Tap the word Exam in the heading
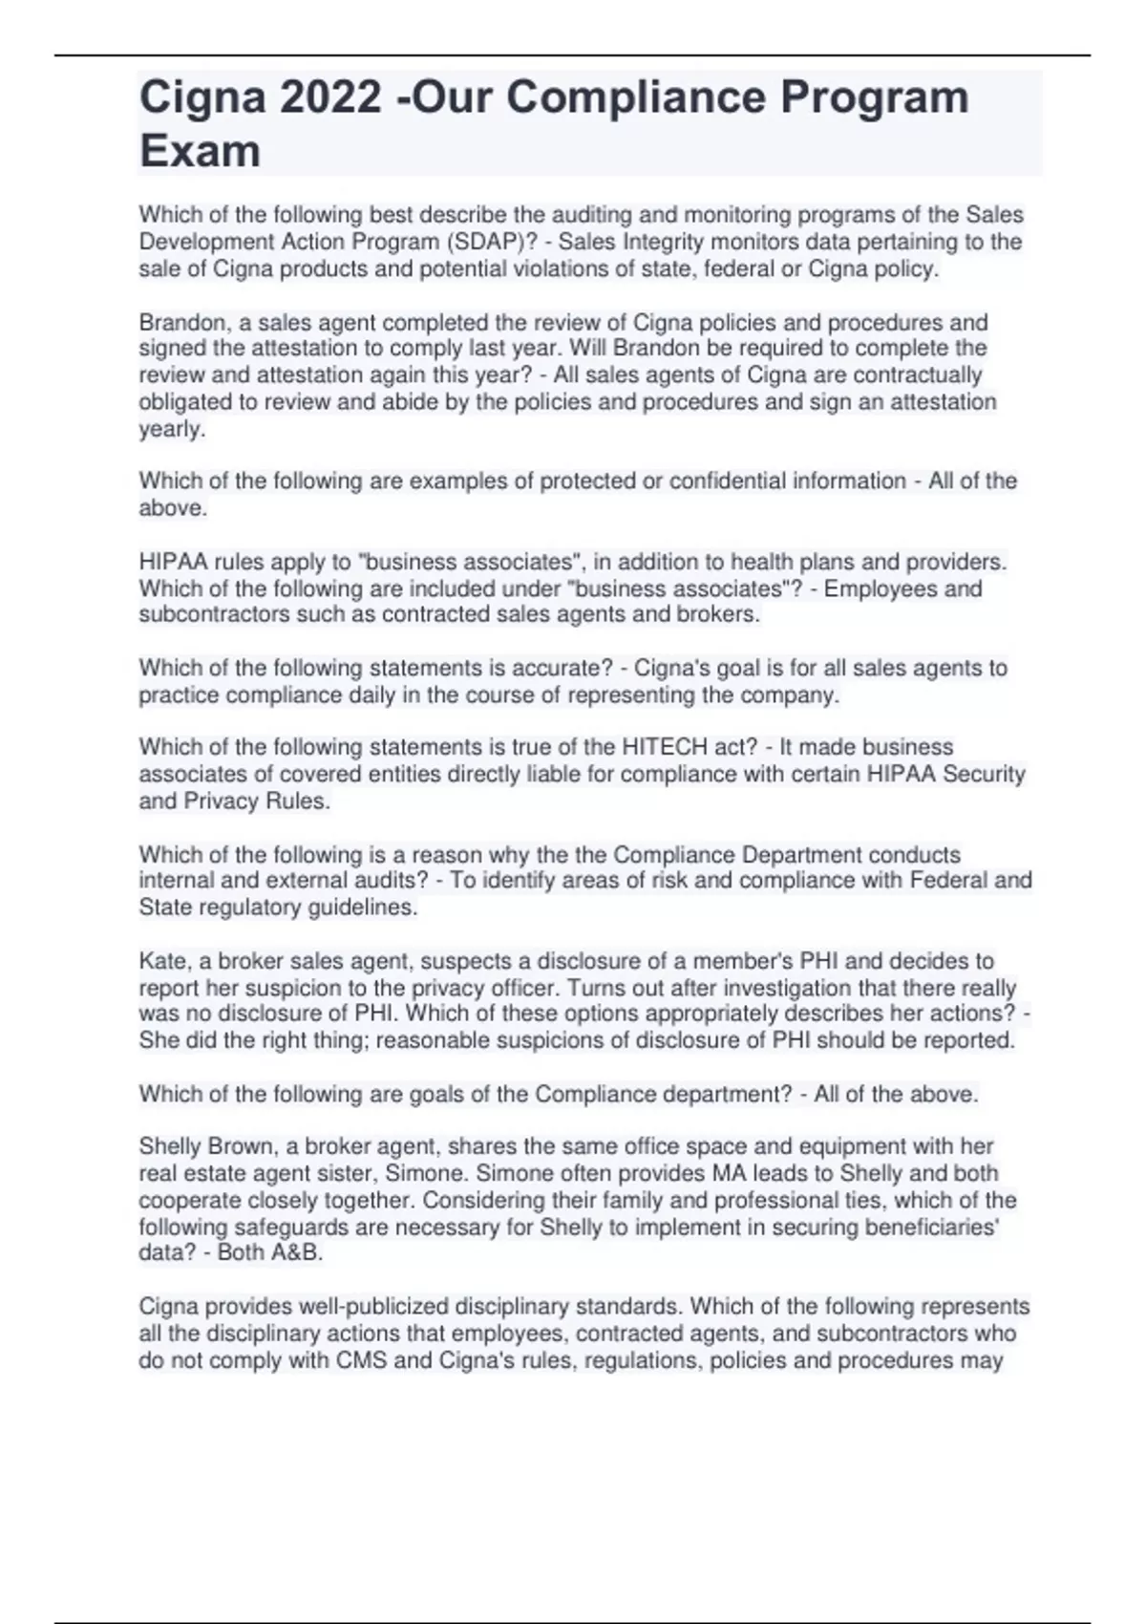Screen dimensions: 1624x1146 [200, 151]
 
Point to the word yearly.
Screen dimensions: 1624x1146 [172, 429]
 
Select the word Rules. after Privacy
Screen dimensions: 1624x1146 [299, 801]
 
